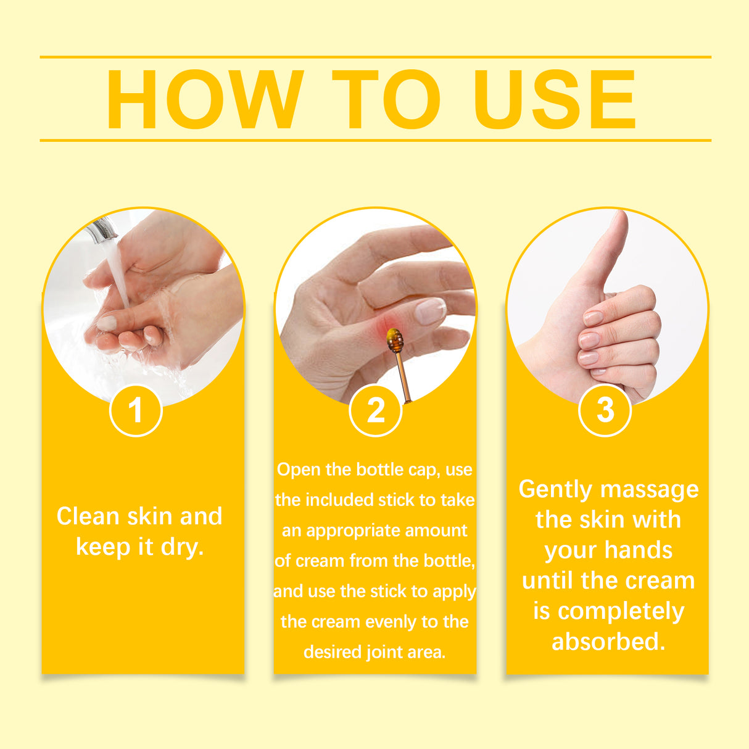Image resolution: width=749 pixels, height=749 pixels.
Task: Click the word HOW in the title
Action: pos(205,100)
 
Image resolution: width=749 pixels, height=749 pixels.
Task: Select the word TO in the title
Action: pos(386,100)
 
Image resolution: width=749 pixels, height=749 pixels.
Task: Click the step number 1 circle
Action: pos(136,410)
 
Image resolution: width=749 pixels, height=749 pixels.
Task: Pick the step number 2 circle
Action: pos(375,410)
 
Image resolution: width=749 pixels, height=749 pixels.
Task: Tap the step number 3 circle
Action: pos(605,410)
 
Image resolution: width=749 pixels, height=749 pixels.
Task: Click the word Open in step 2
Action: pos(299,470)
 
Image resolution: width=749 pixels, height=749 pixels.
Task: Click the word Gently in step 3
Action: pos(555,489)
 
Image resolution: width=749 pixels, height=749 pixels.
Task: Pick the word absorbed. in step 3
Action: pos(608,642)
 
